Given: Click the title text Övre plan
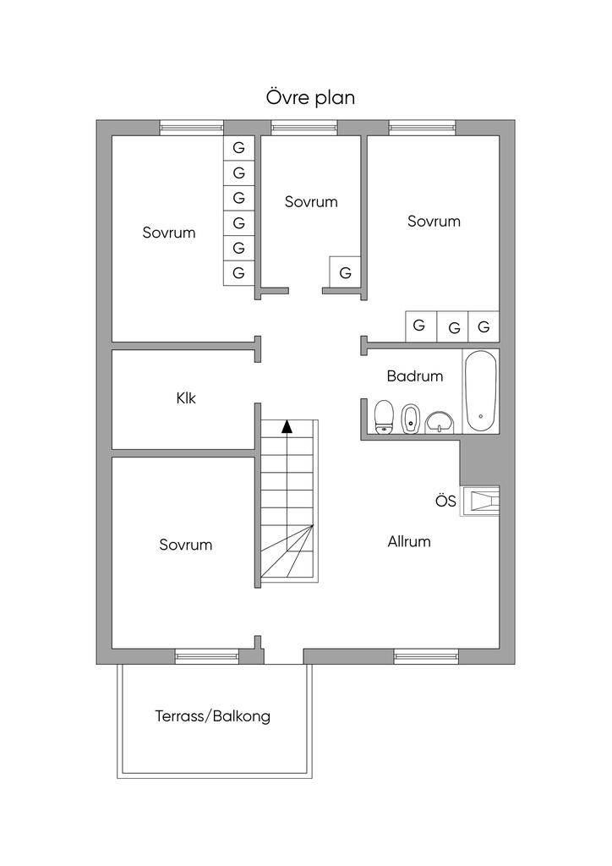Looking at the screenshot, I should (x=310, y=98).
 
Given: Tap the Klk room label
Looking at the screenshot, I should (x=186, y=397).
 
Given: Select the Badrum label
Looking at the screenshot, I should (x=414, y=376).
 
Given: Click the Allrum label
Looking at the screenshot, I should (x=409, y=541).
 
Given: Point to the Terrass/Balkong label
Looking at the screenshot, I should (x=213, y=716).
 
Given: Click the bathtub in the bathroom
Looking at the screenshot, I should (x=481, y=392).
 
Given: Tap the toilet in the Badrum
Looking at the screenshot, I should (x=385, y=416).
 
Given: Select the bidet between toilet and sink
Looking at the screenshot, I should (x=411, y=418).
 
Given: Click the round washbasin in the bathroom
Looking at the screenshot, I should (x=439, y=420).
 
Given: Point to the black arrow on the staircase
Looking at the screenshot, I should (x=287, y=426).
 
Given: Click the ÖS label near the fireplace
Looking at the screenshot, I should (x=445, y=502).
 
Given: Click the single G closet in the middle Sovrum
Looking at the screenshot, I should (x=345, y=273).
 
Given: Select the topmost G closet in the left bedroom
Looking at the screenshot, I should (x=238, y=148).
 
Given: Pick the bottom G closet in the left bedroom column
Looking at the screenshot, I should (x=238, y=272).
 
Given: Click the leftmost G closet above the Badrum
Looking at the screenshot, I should (x=419, y=326).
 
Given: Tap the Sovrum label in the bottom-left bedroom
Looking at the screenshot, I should (x=185, y=545).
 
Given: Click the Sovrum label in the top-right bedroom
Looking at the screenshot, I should (x=434, y=222).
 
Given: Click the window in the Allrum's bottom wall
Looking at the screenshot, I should (x=426, y=655).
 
